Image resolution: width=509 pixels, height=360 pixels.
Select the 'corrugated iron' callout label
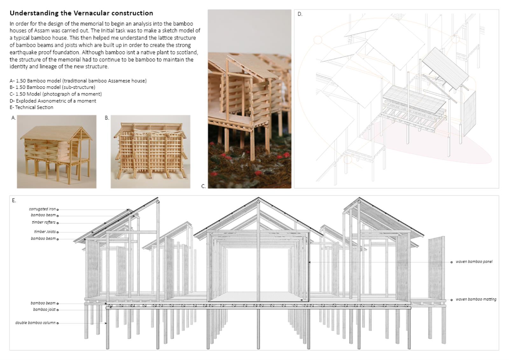click(x=42, y=209)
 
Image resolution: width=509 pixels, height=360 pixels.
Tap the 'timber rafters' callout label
click(x=44, y=222)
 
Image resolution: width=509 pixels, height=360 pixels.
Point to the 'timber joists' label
click(x=45, y=231)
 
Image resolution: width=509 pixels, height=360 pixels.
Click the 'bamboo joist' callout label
click(x=44, y=309)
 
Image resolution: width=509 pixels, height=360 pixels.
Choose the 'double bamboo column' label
click(x=35, y=323)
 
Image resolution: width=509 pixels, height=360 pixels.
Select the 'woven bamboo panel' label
click(x=474, y=262)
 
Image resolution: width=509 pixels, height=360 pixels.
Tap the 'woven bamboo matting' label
click(x=476, y=299)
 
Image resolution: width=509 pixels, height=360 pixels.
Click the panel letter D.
click(x=300, y=14)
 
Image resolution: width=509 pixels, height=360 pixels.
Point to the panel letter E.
click(x=14, y=200)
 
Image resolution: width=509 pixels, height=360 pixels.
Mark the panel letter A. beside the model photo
click(x=14, y=118)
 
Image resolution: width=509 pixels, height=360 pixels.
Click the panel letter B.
click(x=107, y=118)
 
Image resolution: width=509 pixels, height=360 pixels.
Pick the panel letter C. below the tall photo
click(x=204, y=186)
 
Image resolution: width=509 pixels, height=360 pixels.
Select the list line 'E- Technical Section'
click(x=31, y=107)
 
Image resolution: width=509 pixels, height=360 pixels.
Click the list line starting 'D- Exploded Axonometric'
click(x=53, y=101)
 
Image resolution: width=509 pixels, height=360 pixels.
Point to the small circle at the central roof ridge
click(x=258, y=201)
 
